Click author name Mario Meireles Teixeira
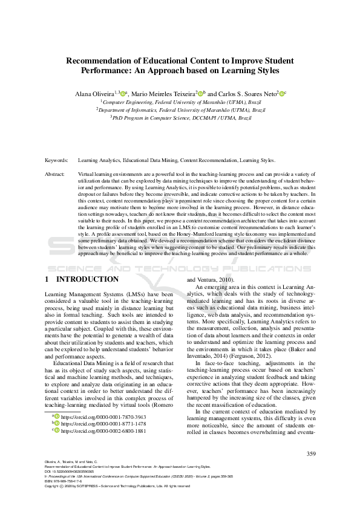pyautogui.click(x=162, y=94)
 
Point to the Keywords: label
pyautogui.click(x=56, y=161)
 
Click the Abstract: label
pyautogui.click(x=55, y=174)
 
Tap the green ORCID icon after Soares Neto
pyautogui.click(x=282, y=94)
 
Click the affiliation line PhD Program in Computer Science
pyautogui.click(x=180, y=118)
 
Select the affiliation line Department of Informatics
pyautogui.click(x=180, y=111)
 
